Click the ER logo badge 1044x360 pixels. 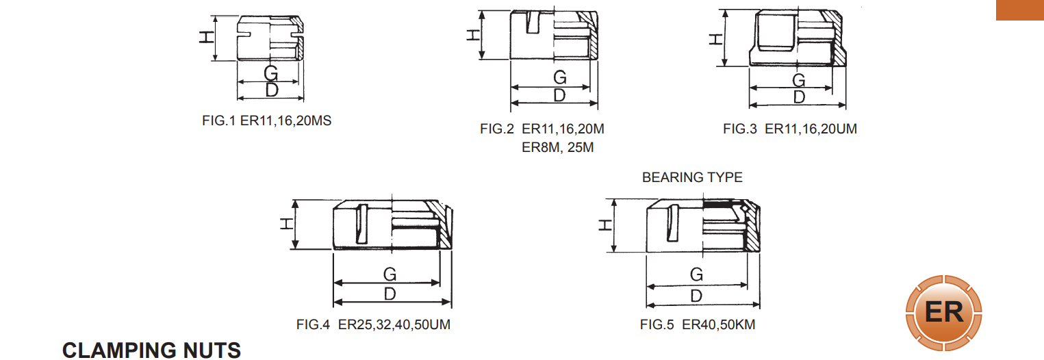(x=944, y=313)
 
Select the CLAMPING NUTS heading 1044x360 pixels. (x=151, y=350)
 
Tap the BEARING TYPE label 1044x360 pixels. (x=692, y=177)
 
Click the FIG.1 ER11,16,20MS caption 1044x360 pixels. (x=266, y=120)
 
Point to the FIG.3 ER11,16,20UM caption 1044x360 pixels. (x=790, y=129)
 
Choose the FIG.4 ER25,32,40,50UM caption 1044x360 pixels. (x=373, y=324)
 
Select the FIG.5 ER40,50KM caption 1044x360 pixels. (x=698, y=324)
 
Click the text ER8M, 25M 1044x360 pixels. (x=557, y=148)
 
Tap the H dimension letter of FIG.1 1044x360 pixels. (x=207, y=37)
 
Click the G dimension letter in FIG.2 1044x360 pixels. (x=560, y=77)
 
